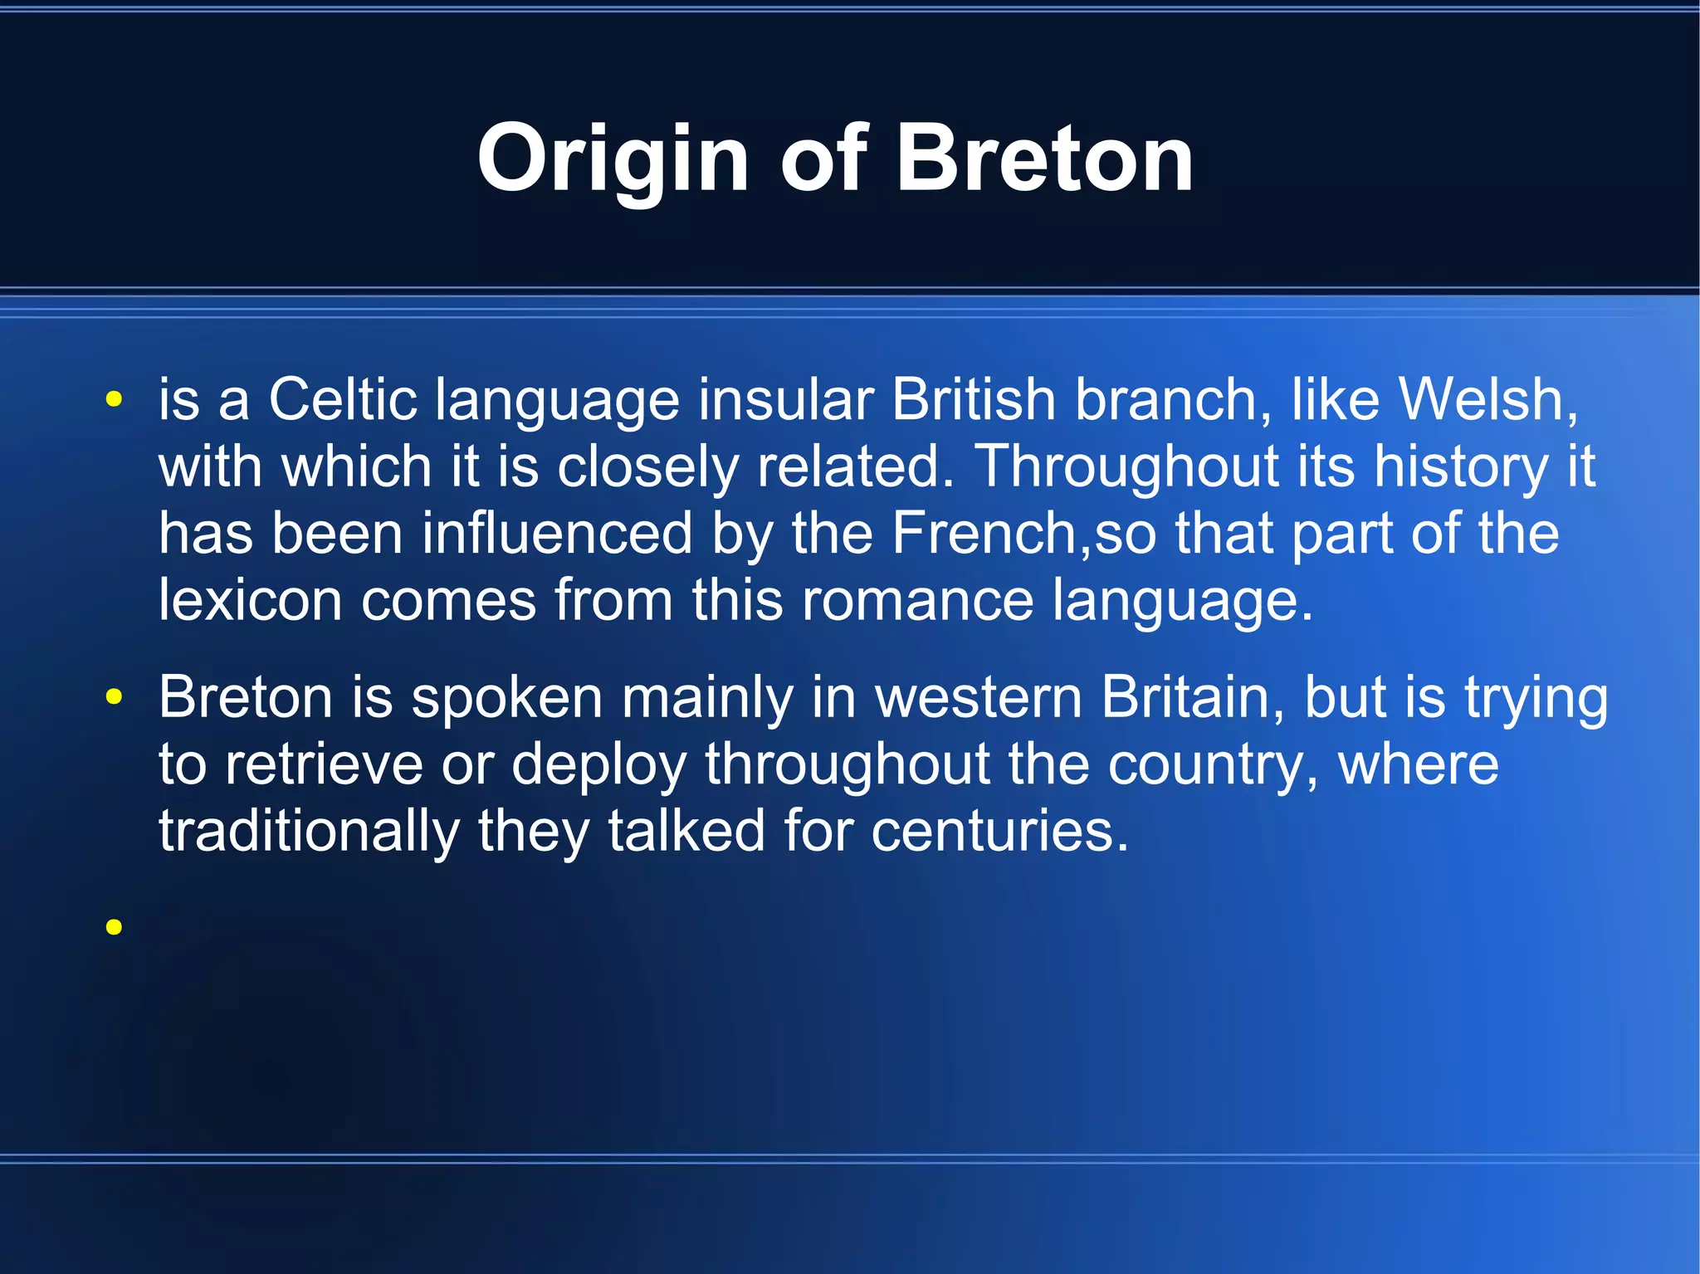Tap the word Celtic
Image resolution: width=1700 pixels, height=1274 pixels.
tap(342, 400)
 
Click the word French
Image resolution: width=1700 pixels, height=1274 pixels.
tap(984, 533)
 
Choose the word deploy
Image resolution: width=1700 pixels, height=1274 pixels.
tap(598, 765)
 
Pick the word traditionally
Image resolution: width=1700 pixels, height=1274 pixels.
tap(309, 832)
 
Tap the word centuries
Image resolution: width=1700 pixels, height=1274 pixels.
tap(999, 831)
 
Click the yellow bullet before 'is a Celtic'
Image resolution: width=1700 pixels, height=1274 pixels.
tap(115, 401)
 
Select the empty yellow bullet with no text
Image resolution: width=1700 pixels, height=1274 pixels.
tap(115, 926)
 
